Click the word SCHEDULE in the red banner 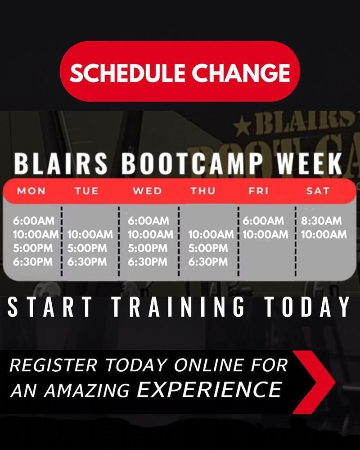tap(127, 72)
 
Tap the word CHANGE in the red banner tap(241, 72)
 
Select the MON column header tap(31, 191)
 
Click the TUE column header tap(87, 191)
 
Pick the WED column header tap(147, 191)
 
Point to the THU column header tap(203, 191)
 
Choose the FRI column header tap(258, 191)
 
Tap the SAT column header tap(318, 191)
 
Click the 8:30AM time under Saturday tap(321, 220)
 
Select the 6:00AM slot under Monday tap(34, 220)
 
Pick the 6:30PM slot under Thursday tap(208, 262)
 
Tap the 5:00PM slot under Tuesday tap(87, 248)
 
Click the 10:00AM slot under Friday tap(265, 234)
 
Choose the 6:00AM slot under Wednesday tap(148, 220)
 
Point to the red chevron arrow tap(314, 382)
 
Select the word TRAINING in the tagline tap(179, 307)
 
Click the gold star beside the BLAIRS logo tap(243, 126)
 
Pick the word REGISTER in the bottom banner tap(54, 365)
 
